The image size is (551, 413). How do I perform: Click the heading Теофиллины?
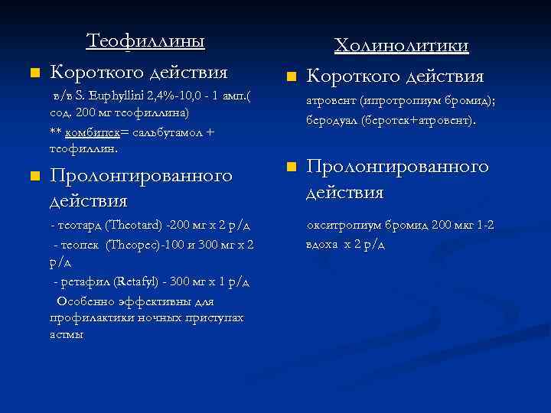[x=145, y=41]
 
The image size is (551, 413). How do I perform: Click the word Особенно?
[x=84, y=301]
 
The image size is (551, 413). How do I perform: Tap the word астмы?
[x=67, y=334]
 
